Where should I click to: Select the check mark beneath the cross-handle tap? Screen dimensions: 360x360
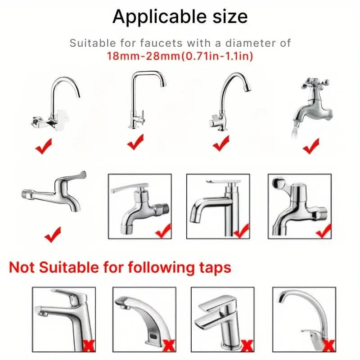pos(310,146)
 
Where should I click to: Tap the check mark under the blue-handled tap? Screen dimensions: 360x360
pos(53,234)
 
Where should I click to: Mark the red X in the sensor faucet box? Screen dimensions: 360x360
pos(169,346)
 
